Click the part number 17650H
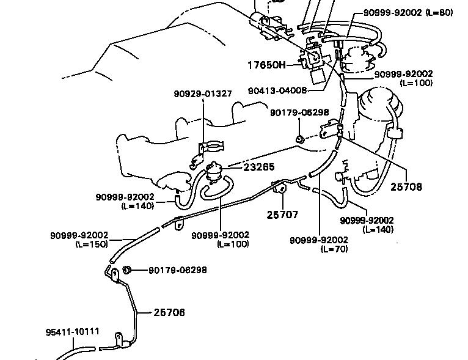click(266, 64)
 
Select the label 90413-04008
click(277, 91)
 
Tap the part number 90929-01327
click(203, 94)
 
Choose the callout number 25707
click(282, 215)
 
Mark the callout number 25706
click(169, 312)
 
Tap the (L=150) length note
click(92, 244)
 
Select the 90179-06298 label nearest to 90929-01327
click(299, 112)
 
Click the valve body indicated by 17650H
click(316, 61)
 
